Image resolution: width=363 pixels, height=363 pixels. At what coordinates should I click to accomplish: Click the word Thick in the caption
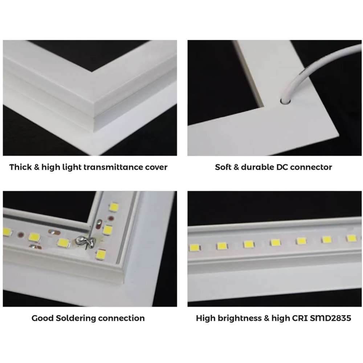20,167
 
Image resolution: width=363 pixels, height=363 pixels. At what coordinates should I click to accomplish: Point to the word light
72,167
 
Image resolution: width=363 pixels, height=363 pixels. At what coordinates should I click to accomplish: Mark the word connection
122,318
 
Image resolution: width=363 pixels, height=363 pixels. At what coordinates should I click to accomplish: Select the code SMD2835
331,318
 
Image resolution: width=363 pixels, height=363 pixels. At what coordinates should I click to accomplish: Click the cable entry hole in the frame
285,101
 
